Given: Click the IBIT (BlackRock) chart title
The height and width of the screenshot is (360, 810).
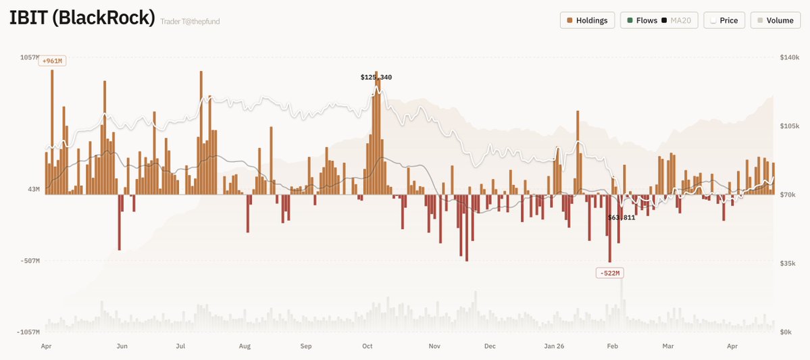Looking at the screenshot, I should pyautogui.click(x=82, y=18).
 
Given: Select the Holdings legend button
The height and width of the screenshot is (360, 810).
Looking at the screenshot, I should pyautogui.click(x=588, y=20).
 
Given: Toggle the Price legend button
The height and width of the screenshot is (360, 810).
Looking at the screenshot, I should pyautogui.click(x=724, y=20).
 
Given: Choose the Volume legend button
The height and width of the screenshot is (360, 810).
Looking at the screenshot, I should pyautogui.click(x=775, y=20).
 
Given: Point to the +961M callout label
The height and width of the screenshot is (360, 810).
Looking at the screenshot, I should pyautogui.click(x=52, y=61).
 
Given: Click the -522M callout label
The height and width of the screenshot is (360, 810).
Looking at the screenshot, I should pyautogui.click(x=609, y=273).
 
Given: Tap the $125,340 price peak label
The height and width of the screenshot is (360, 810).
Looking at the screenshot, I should pyautogui.click(x=376, y=77).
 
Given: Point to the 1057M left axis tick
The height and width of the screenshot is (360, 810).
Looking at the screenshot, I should pyautogui.click(x=29, y=58).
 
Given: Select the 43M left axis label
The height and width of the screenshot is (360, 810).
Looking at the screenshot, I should pyautogui.click(x=33, y=189).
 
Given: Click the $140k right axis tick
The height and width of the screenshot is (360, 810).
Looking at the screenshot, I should pyautogui.click(x=790, y=58).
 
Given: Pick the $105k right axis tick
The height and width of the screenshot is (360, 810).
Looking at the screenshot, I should pyautogui.click(x=790, y=126).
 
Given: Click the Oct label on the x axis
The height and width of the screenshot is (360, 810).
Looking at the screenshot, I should pyautogui.click(x=368, y=346).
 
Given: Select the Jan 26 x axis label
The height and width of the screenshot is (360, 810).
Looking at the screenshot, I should pyautogui.click(x=554, y=346).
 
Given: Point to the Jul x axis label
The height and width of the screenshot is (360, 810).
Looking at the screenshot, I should pyautogui.click(x=180, y=346).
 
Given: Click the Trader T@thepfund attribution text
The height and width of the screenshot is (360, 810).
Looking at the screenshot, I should pyautogui.click(x=190, y=22).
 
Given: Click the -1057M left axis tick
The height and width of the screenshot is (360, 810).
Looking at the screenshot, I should pyautogui.click(x=28, y=332).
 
